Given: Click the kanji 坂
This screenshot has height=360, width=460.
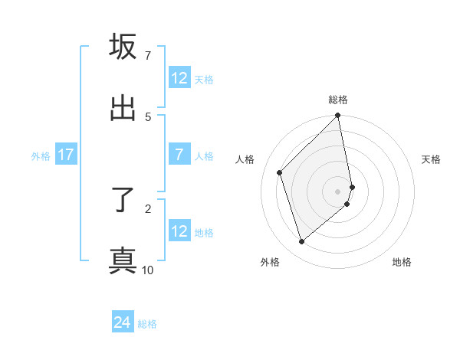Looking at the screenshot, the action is [x=123, y=47].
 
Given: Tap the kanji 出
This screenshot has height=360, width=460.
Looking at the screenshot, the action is [x=123, y=109].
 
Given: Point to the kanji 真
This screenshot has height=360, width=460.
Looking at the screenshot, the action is [x=123, y=260].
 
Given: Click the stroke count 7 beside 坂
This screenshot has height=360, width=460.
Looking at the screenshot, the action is [x=147, y=56].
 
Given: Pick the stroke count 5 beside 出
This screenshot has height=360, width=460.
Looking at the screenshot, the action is [x=147, y=116].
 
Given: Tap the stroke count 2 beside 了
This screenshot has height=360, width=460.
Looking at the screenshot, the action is [x=147, y=208].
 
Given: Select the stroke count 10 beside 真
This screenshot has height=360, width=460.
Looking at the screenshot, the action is [x=147, y=270].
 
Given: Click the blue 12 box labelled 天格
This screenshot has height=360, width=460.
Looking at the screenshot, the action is [x=179, y=78].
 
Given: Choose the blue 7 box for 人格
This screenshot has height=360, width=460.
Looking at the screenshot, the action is [x=179, y=155].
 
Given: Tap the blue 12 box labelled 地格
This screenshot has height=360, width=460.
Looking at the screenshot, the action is [x=179, y=231].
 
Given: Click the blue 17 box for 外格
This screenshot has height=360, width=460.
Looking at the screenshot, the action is [x=66, y=155].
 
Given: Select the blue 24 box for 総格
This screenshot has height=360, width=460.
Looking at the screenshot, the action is [x=123, y=323].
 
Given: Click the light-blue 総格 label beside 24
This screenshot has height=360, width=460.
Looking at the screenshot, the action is [x=147, y=324].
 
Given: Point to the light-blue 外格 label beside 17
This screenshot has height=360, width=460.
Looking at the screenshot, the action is [x=41, y=155].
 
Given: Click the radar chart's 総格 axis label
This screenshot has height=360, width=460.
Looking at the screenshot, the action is [x=338, y=100].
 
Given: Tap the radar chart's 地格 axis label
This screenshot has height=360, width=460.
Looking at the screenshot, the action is [x=402, y=262].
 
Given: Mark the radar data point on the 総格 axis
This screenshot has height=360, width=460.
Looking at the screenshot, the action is [x=338, y=116].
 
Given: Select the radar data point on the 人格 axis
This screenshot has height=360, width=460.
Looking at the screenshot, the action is [x=280, y=172].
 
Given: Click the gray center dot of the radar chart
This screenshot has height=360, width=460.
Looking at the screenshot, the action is [x=338, y=191].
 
